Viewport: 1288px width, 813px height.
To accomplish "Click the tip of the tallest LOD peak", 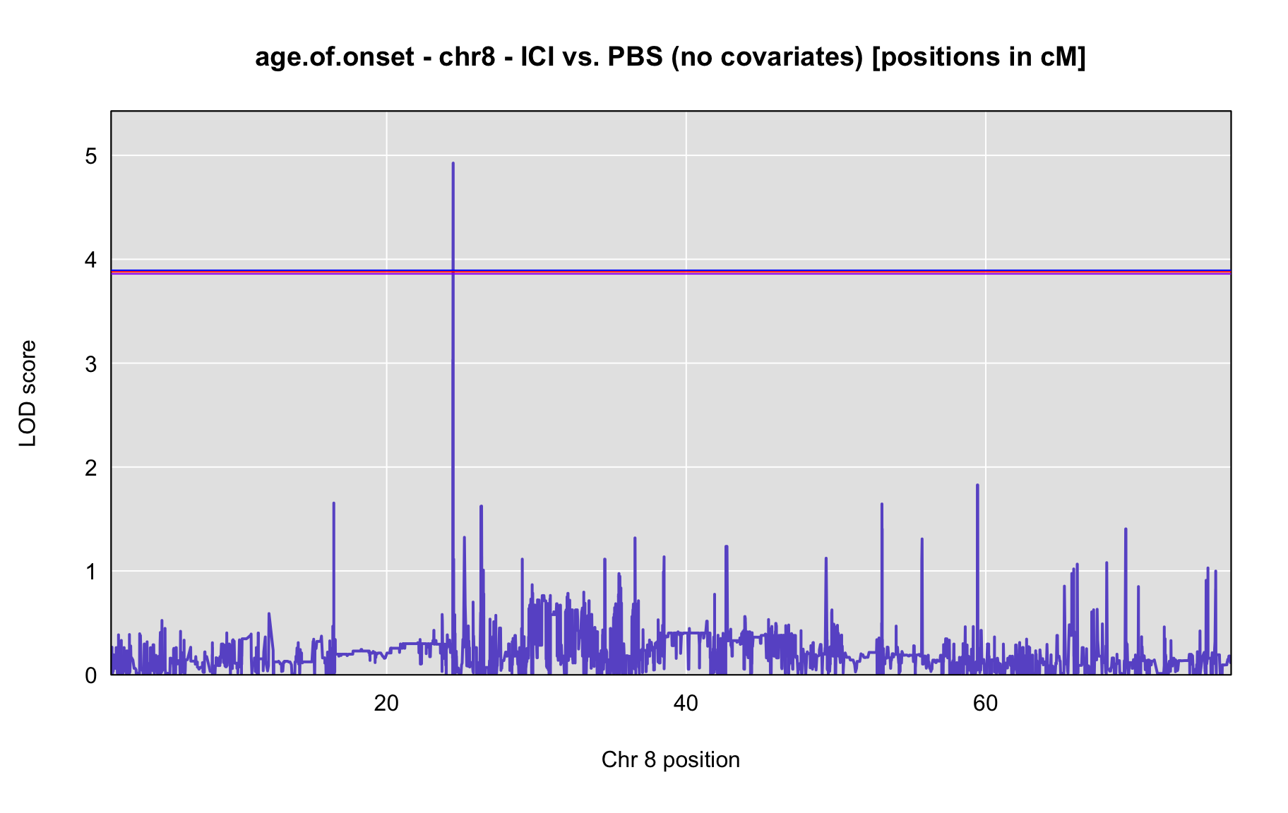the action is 453,163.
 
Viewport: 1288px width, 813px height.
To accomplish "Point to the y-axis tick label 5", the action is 91,156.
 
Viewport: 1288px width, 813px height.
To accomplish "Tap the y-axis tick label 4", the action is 91,260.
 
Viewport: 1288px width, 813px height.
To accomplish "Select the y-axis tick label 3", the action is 91,364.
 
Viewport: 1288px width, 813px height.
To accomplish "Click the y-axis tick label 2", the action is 91,468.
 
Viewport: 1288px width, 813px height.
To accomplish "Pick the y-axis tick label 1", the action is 91,572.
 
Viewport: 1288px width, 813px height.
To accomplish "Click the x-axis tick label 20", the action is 386,704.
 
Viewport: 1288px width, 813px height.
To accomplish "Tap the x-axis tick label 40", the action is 686,704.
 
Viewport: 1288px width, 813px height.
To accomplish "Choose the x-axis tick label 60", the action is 985,704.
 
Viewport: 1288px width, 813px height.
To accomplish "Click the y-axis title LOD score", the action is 28,393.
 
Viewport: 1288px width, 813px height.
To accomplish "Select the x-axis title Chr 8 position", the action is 671,759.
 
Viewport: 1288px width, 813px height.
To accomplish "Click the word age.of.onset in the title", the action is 335,57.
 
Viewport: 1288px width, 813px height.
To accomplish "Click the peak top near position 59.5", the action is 977,485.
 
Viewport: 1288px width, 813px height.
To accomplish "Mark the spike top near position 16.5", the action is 333,503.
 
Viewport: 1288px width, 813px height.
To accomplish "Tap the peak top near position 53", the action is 882,504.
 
